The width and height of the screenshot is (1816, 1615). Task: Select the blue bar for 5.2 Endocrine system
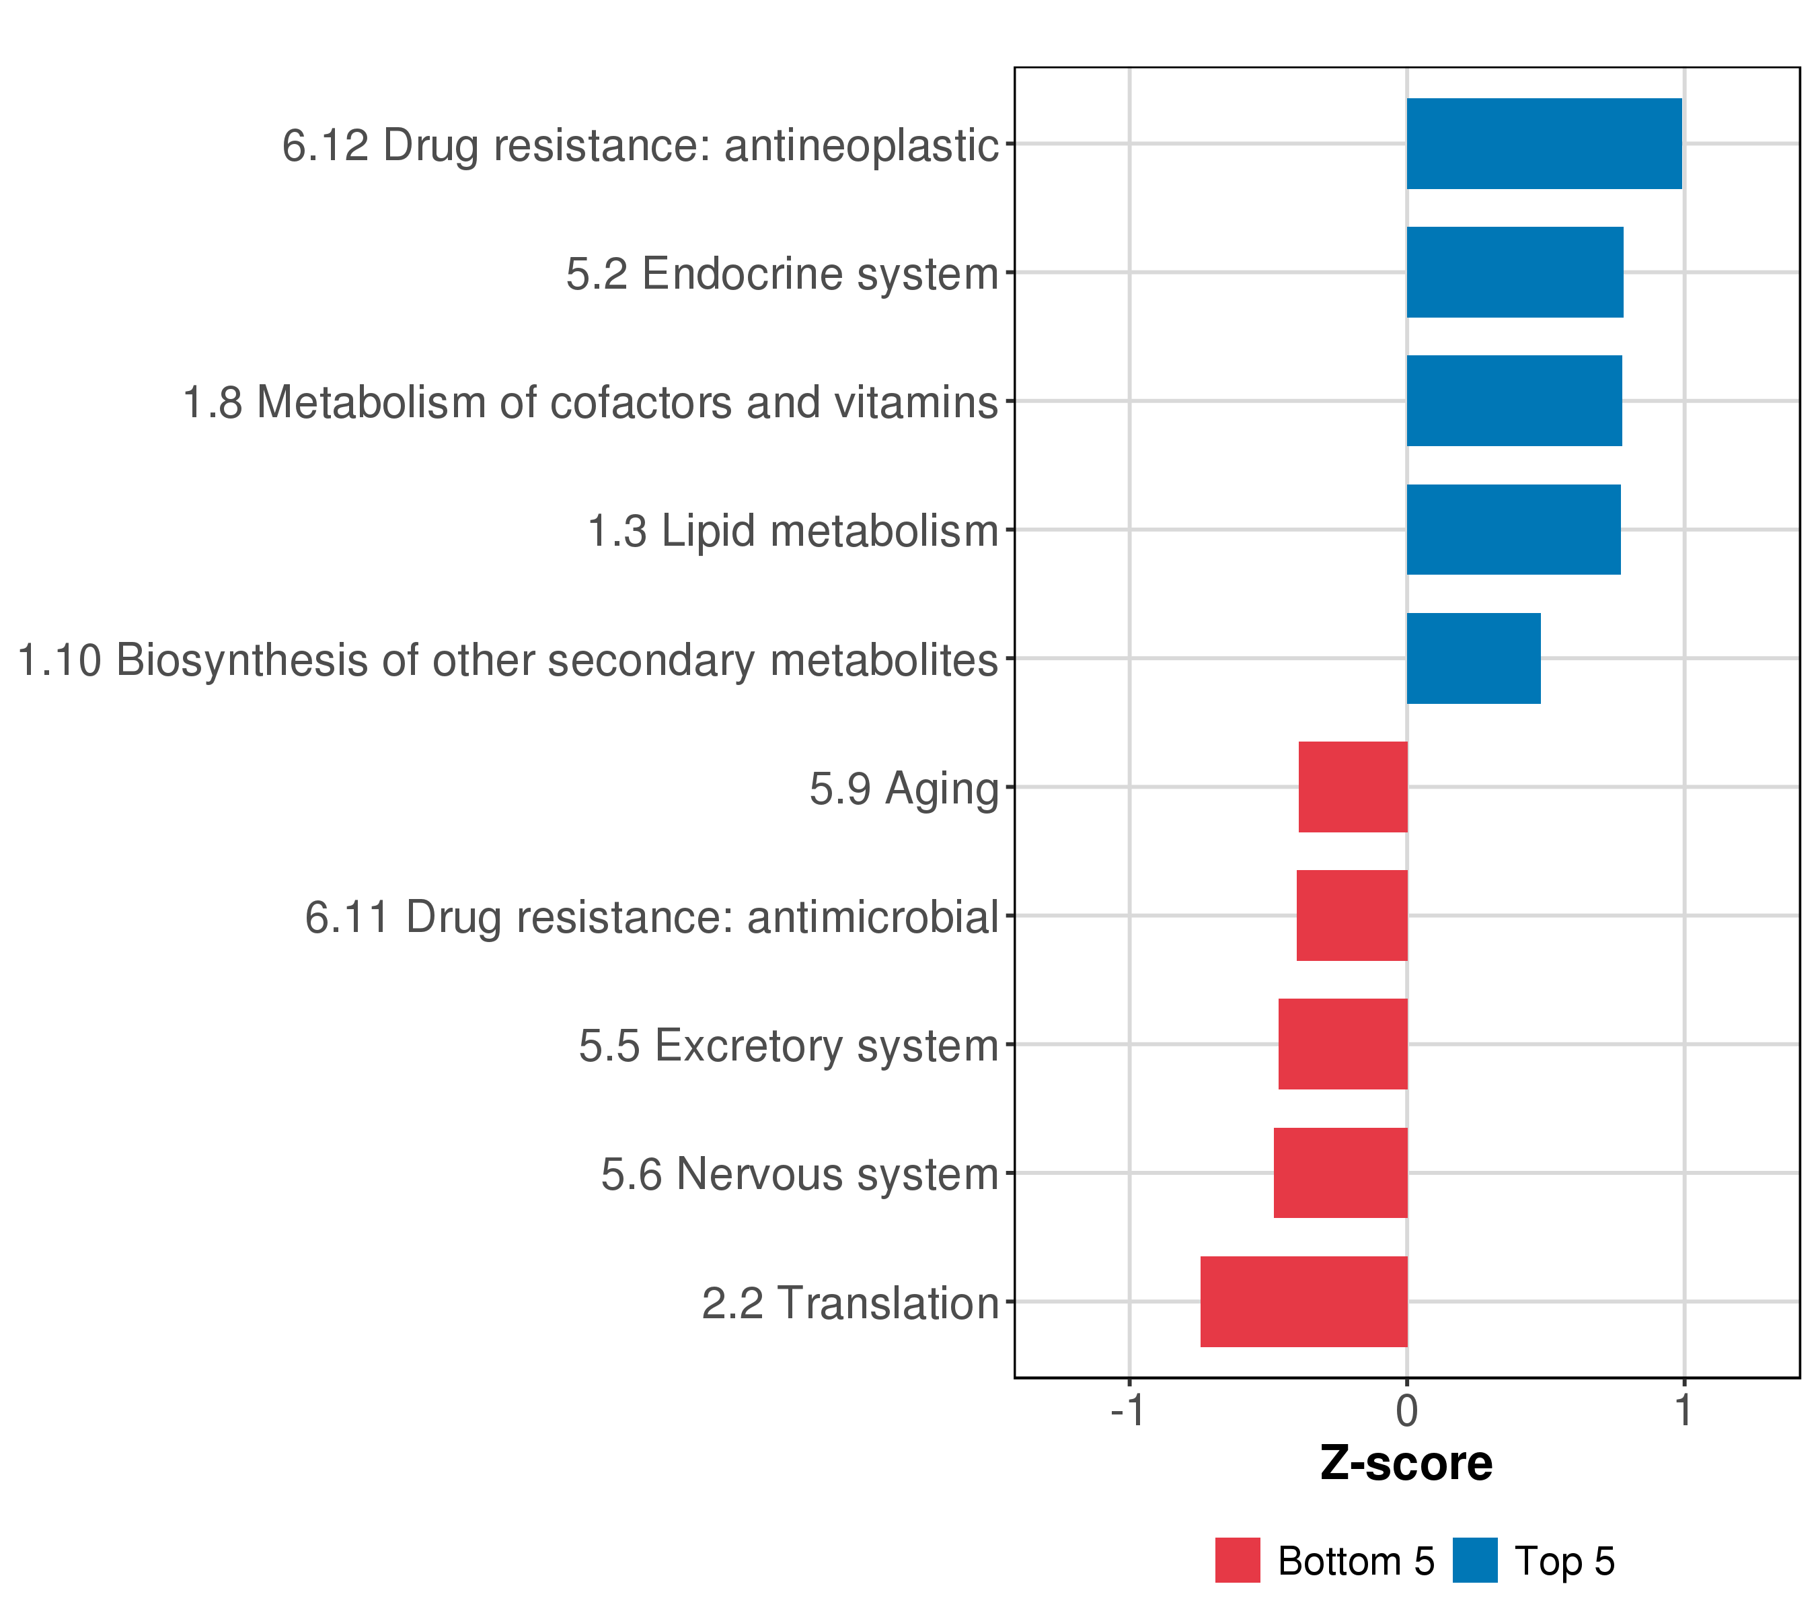[x=1514, y=272]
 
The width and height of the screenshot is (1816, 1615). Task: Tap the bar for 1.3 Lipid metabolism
[x=1513, y=530]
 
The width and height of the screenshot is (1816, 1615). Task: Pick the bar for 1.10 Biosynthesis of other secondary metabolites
[x=1473, y=659]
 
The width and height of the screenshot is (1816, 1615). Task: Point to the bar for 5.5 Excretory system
[x=1342, y=1044]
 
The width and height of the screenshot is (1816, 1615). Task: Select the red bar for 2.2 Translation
[x=1303, y=1301]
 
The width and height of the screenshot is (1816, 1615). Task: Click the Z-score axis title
[x=1406, y=1464]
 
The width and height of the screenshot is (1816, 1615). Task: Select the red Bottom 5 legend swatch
[x=1238, y=1560]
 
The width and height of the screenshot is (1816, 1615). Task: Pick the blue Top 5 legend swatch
[x=1475, y=1560]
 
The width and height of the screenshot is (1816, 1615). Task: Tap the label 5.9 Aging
[x=903, y=789]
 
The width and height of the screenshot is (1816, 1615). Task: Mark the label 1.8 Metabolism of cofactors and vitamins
[x=590, y=402]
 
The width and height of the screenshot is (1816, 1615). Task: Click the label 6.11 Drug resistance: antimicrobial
[x=652, y=917]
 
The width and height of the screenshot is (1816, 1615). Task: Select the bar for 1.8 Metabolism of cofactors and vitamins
[x=1514, y=401]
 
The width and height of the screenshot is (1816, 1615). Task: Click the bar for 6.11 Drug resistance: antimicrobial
[x=1351, y=915]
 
